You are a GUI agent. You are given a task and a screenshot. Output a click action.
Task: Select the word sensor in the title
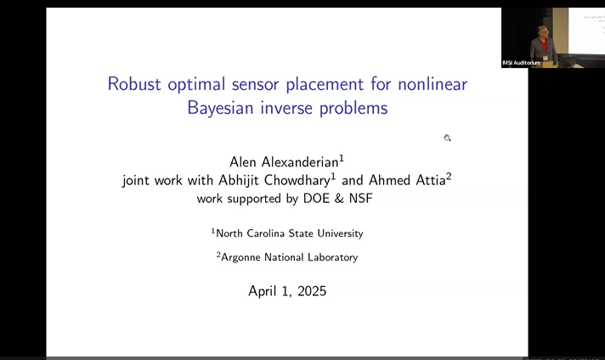[260, 84]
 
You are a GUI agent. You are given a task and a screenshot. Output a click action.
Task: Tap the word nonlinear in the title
[427, 84]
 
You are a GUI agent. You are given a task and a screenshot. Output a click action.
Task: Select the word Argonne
[246, 257]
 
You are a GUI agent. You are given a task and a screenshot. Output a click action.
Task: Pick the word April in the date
[264, 290]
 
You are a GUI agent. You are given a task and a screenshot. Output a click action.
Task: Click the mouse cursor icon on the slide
[447, 138]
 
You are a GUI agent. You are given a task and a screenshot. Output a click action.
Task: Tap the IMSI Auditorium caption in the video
[521, 63]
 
